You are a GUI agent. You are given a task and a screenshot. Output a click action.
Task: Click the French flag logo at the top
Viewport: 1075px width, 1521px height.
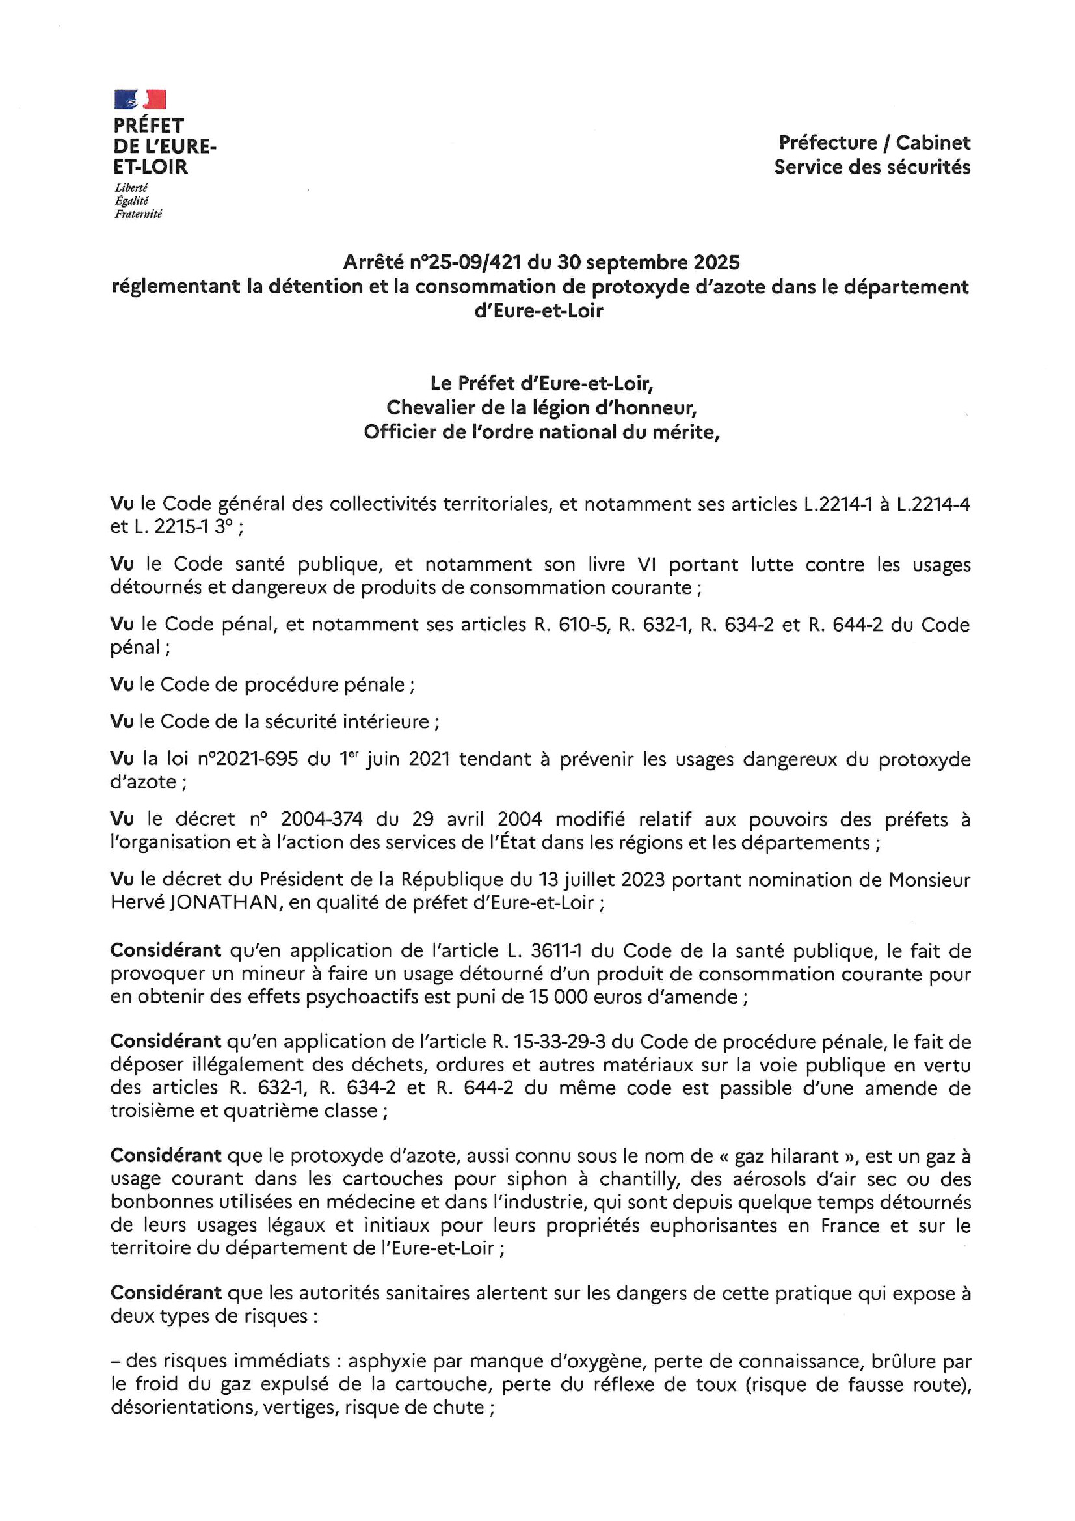[x=140, y=100]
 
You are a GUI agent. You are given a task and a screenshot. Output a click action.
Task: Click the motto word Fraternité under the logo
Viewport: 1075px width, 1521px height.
[x=138, y=214]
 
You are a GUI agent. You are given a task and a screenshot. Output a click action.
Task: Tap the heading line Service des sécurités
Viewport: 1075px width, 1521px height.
[x=871, y=167]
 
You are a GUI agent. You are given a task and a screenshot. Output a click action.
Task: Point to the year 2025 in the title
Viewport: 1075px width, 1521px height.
[x=717, y=262]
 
